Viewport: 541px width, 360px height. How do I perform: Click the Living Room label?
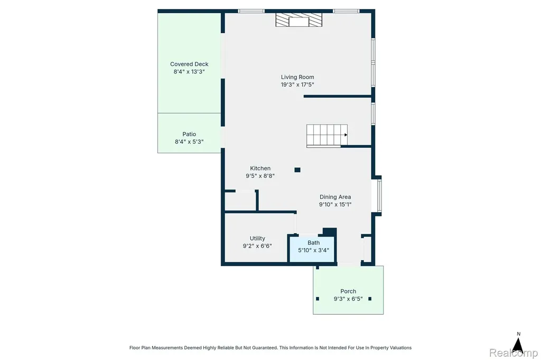coord(297,77)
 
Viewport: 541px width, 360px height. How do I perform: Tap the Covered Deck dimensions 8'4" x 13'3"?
coord(189,72)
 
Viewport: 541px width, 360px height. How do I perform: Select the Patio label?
coord(189,134)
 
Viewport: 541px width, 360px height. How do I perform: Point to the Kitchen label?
coord(260,168)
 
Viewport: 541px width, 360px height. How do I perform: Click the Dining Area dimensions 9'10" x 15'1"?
coord(335,204)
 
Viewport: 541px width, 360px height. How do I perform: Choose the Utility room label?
coord(257,238)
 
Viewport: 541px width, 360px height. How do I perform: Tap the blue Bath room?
coord(312,249)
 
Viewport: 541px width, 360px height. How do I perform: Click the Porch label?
coord(348,291)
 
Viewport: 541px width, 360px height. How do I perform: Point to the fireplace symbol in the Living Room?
coord(299,20)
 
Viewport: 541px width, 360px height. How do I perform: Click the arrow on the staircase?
coord(346,135)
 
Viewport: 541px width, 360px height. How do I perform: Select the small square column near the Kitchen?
coord(297,169)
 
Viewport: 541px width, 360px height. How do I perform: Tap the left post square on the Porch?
coord(318,299)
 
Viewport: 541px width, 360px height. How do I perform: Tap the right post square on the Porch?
coord(370,299)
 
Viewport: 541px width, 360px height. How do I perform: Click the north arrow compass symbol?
coord(518,346)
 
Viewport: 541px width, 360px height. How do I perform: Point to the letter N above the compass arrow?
coord(519,334)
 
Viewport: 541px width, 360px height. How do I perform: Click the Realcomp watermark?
coord(514,353)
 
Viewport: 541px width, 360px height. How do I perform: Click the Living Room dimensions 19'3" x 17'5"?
coord(297,84)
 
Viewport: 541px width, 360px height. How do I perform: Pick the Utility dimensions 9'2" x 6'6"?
coord(257,246)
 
